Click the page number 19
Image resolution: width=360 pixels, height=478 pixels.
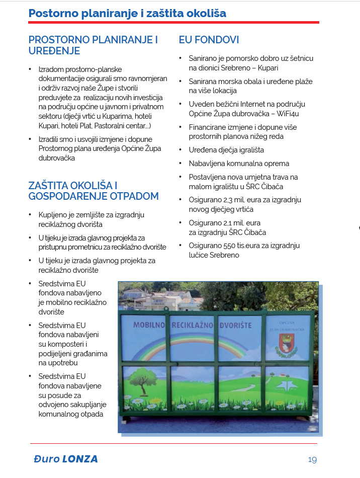(x=312, y=459)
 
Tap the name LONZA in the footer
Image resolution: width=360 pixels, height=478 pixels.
(x=80, y=459)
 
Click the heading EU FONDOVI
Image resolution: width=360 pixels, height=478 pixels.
(x=209, y=40)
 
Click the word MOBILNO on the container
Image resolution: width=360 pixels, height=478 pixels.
(x=150, y=326)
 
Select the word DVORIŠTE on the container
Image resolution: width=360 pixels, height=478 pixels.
(x=235, y=326)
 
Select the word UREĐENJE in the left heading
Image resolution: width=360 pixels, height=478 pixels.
(x=54, y=51)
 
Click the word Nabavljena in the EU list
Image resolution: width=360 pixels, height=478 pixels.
(x=206, y=164)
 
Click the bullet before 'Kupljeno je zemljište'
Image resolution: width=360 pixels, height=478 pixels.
(x=31, y=215)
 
